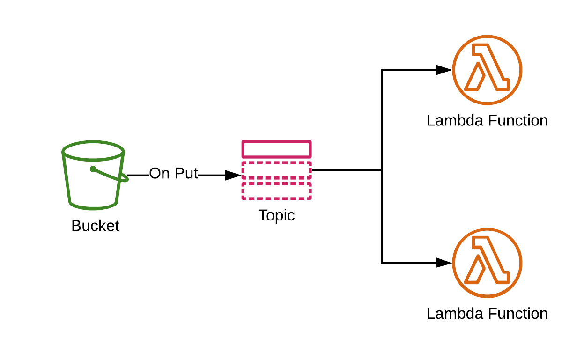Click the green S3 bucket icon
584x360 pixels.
94,176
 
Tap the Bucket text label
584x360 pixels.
95,226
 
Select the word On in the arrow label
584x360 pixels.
159,174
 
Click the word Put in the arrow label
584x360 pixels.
186,174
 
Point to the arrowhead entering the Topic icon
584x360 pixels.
233,176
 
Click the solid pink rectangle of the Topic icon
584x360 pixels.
276,149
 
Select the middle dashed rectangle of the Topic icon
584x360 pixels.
276,170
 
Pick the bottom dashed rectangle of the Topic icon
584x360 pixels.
276,191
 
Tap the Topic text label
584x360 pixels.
276,215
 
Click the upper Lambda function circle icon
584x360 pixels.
487,70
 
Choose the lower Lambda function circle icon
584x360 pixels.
487,263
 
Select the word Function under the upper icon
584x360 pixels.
517,121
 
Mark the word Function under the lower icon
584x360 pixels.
517,314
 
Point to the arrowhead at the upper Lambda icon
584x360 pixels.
444,70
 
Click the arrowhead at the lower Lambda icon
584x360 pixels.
444,263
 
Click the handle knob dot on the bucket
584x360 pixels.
93,169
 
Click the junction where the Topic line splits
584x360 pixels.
382,170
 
